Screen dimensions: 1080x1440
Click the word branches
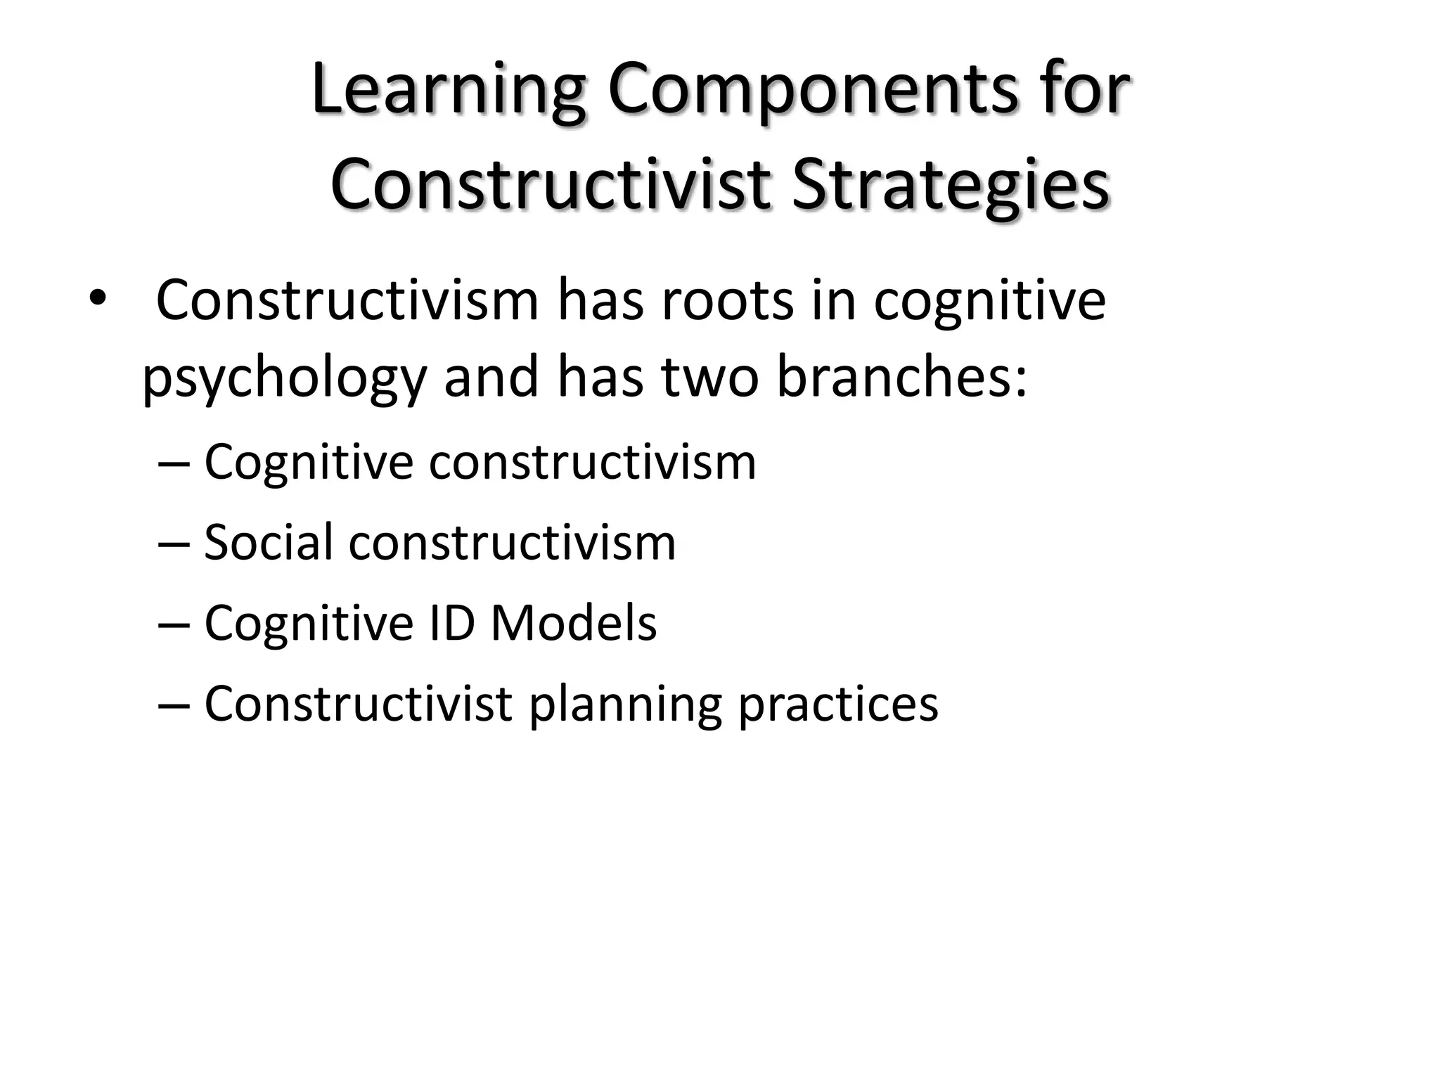(x=901, y=377)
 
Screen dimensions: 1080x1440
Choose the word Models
(x=573, y=623)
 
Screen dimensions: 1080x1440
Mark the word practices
(x=837, y=704)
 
